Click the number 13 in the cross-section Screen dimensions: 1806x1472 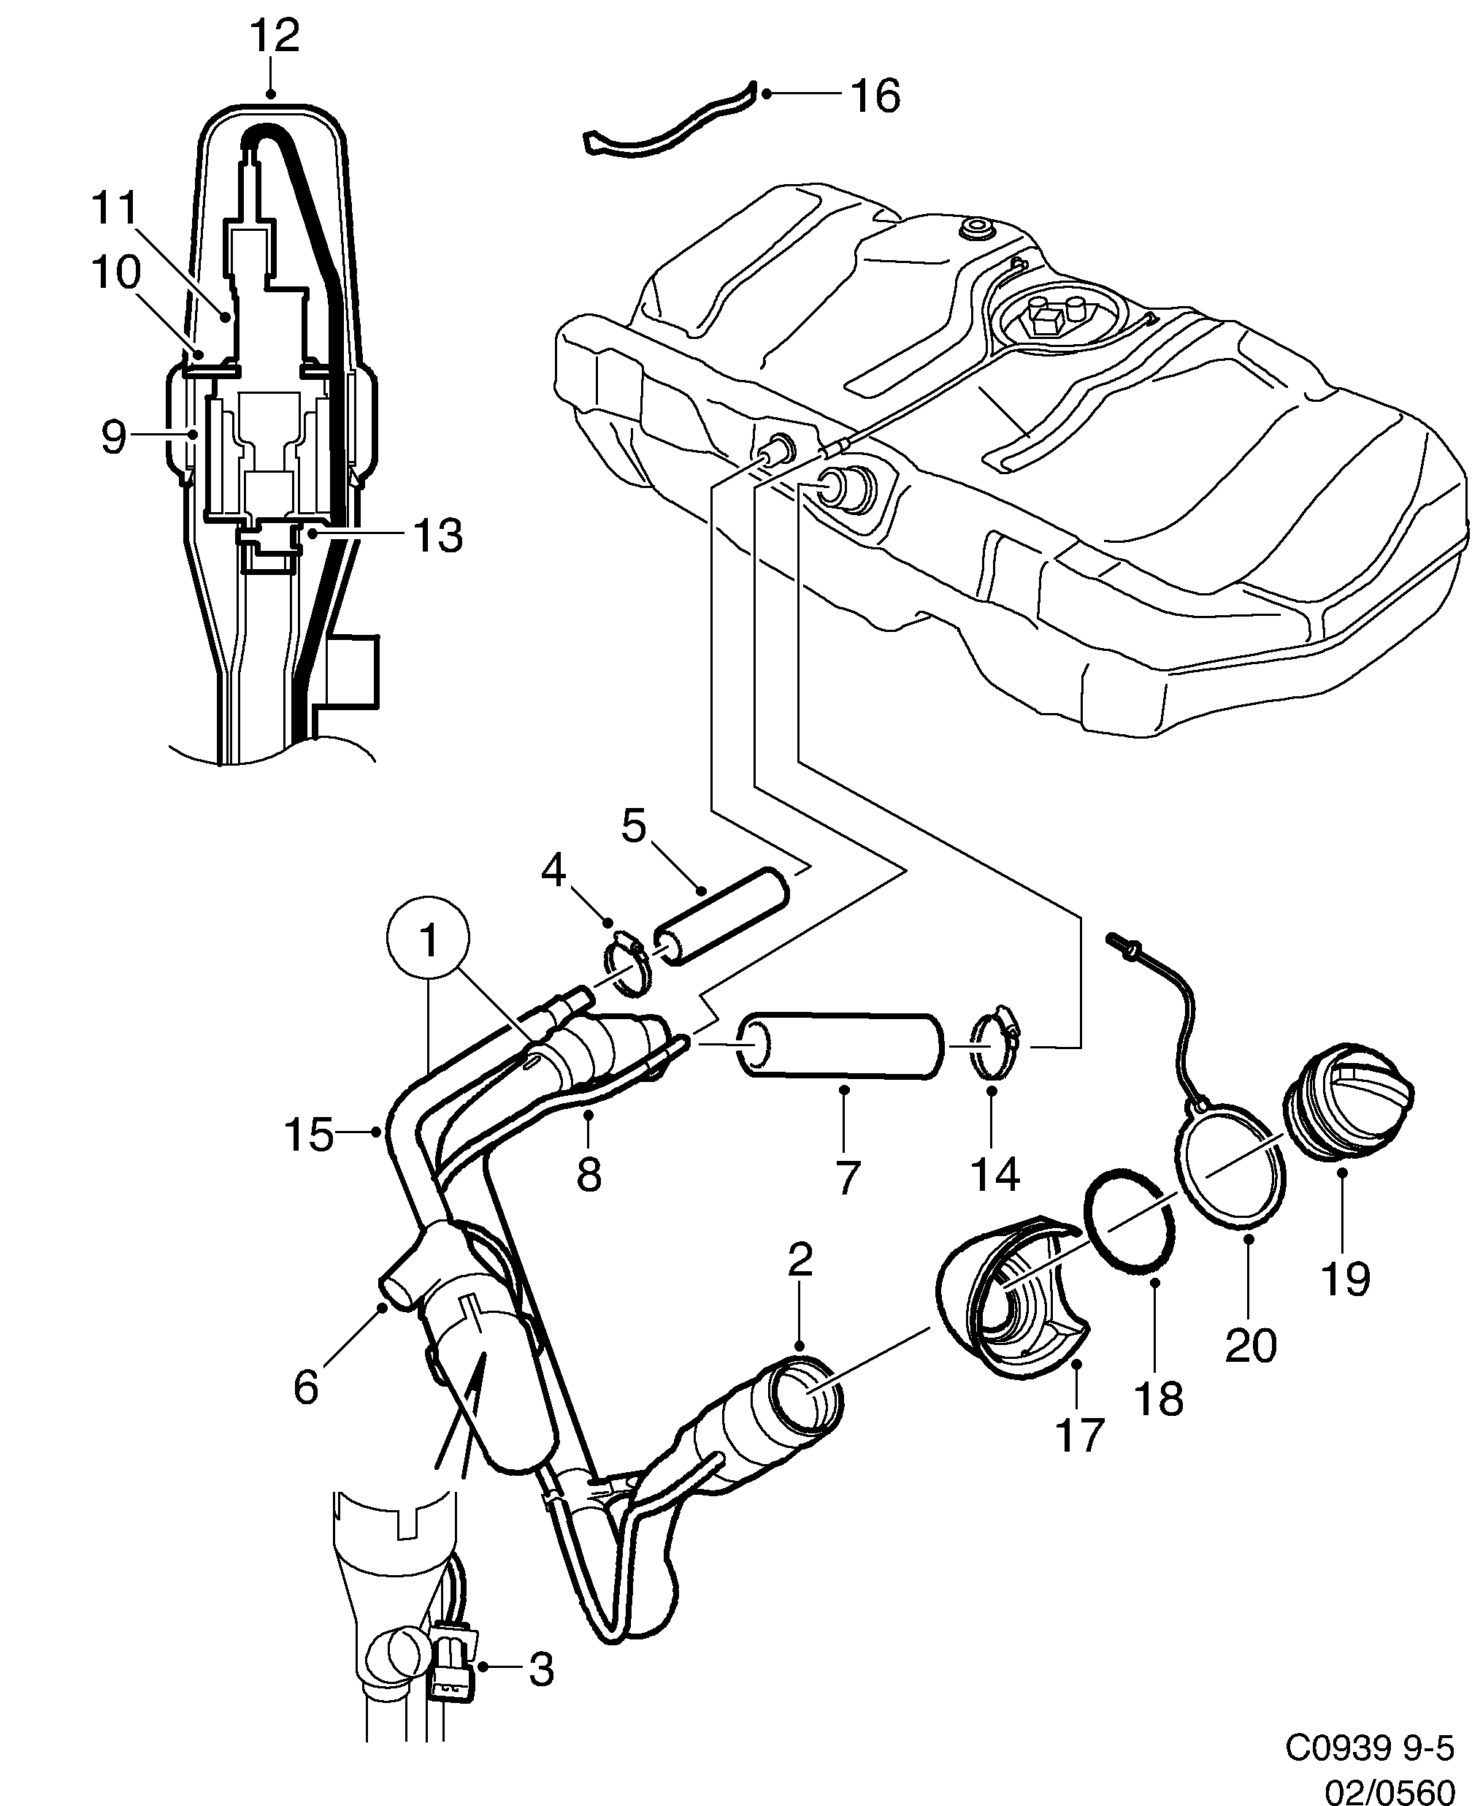[x=437, y=536]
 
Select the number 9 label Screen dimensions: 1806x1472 [x=112, y=437]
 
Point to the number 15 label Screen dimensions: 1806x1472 [x=309, y=1134]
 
